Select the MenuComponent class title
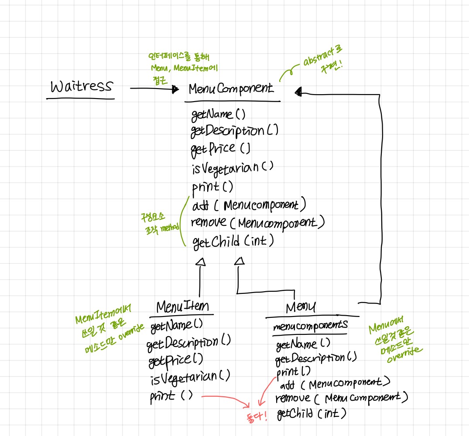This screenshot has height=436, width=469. click(231, 89)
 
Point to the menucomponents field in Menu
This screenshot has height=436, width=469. click(310, 325)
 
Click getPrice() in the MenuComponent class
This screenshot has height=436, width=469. click(220, 148)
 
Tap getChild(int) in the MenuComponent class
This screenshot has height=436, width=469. click(233, 240)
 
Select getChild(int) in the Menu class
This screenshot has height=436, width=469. click(312, 414)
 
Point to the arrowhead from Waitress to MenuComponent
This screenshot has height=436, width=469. click(175, 89)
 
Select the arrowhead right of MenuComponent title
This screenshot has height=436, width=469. click(298, 91)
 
